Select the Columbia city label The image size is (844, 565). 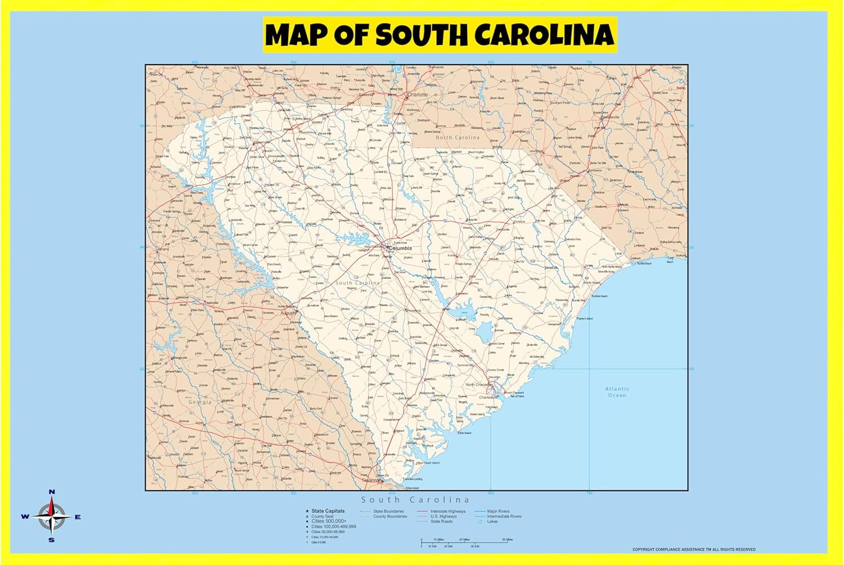click(x=400, y=248)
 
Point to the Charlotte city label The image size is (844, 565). click(x=417, y=95)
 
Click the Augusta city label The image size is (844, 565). click(x=289, y=313)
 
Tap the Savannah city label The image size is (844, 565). click(x=370, y=480)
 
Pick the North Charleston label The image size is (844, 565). click(x=478, y=385)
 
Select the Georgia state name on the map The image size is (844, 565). click(x=200, y=403)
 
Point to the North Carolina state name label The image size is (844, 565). click(x=457, y=138)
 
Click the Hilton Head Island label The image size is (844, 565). click(x=428, y=463)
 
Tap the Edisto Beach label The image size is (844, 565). click(x=464, y=433)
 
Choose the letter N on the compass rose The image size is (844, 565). click(x=52, y=492)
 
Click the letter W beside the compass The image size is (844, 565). click(x=25, y=517)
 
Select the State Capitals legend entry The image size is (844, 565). click(x=328, y=511)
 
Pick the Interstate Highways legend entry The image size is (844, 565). click(x=448, y=511)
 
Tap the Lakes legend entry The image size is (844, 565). click(x=492, y=521)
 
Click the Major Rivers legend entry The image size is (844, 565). click(x=498, y=511)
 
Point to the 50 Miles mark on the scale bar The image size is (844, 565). click(x=507, y=540)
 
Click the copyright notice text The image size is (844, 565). click(x=694, y=549)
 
